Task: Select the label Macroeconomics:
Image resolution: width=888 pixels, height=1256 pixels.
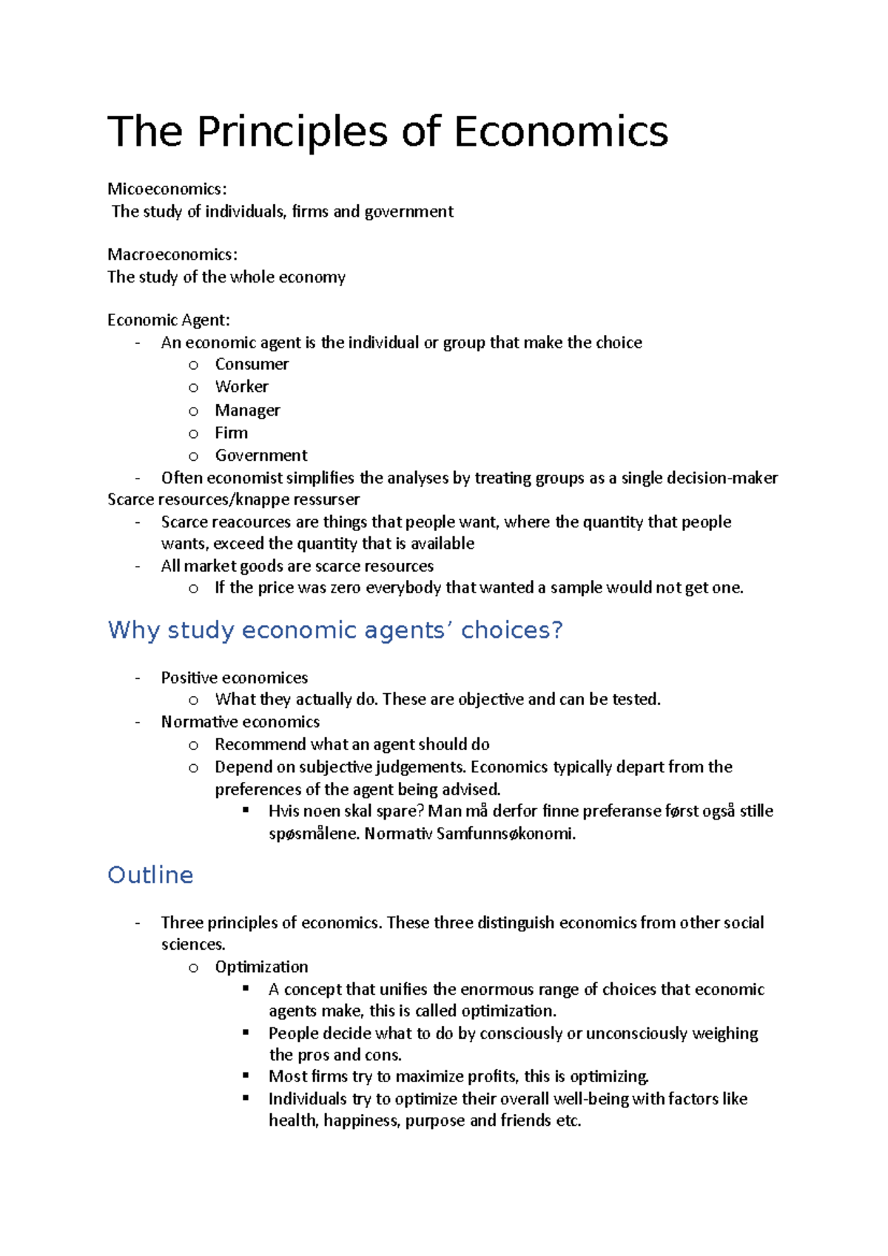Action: pyautogui.click(x=172, y=254)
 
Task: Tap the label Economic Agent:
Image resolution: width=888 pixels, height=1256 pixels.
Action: pyautogui.click(x=169, y=320)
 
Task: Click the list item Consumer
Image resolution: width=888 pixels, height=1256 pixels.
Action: pyautogui.click(x=252, y=364)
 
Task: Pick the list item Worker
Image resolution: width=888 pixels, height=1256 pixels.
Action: pyautogui.click(x=241, y=387)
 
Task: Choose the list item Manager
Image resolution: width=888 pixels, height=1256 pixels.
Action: pyautogui.click(x=247, y=410)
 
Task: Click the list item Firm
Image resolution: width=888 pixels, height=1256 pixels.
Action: pyautogui.click(x=231, y=433)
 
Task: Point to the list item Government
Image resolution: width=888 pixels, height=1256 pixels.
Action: pyautogui.click(x=260, y=456)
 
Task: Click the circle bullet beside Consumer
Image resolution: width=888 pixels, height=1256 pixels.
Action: pyautogui.click(x=194, y=365)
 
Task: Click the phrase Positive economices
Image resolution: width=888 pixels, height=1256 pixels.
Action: pyautogui.click(x=234, y=678)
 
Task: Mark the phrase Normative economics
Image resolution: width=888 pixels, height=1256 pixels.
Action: pyautogui.click(x=240, y=722)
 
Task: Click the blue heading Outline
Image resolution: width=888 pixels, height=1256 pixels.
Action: pyautogui.click(x=150, y=875)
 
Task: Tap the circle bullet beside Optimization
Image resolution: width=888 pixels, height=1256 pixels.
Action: pyautogui.click(x=194, y=968)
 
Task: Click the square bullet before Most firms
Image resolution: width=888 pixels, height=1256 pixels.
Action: pyautogui.click(x=246, y=1076)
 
